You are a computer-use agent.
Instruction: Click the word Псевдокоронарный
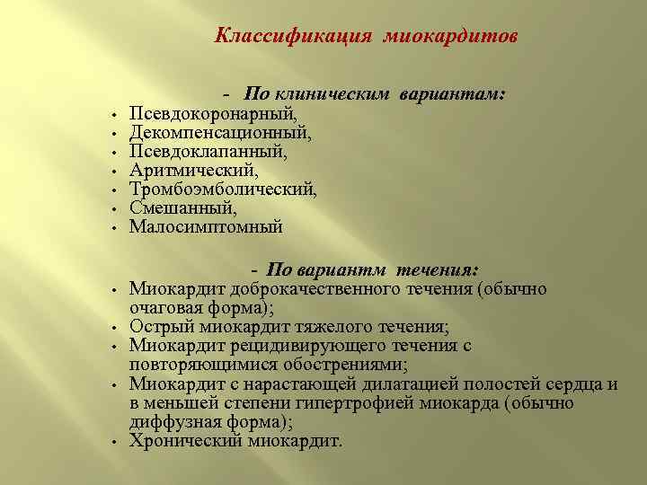pyautogui.click(x=212, y=114)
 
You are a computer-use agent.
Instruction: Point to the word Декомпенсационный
pyautogui.click(x=221, y=133)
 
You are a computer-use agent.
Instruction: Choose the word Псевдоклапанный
pyautogui.click(x=208, y=152)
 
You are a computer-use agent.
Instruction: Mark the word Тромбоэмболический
pyautogui.click(x=224, y=190)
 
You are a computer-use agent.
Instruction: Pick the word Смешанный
pyautogui.click(x=183, y=208)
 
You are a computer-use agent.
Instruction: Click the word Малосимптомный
pyautogui.click(x=206, y=227)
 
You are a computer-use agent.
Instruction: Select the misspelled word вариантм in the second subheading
pyautogui.click(x=344, y=271)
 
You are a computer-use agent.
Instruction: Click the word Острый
pyautogui.click(x=155, y=327)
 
